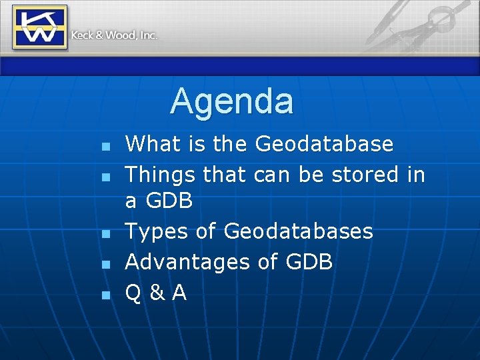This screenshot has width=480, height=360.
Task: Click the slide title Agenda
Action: (231, 102)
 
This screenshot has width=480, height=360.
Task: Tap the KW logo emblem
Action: (39, 27)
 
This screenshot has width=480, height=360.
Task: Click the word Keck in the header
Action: (82, 35)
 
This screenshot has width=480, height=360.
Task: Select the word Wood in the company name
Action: (120, 35)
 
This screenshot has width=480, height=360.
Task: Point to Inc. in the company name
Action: (148, 35)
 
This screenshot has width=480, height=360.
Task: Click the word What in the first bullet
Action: (153, 143)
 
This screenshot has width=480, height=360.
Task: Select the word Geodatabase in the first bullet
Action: (324, 143)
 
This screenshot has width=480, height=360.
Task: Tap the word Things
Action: (159, 174)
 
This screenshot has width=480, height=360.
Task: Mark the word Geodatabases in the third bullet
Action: (298, 231)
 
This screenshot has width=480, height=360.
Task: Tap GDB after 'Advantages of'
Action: (309, 262)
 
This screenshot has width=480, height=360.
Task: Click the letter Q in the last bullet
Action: (133, 293)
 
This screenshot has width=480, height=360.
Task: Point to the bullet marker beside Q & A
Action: (104, 295)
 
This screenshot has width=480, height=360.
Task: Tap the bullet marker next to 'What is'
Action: (104, 145)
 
